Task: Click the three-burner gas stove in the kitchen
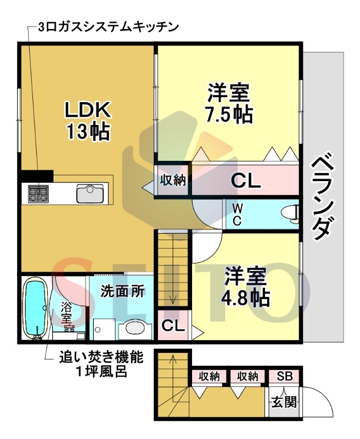[x=38, y=193]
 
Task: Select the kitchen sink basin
[x=89, y=193]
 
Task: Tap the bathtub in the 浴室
[x=36, y=307]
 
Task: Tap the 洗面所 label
[x=122, y=291]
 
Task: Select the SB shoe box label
[x=284, y=376]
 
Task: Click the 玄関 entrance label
[x=284, y=402]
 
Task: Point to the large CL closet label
[x=245, y=181]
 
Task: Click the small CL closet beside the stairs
[x=172, y=325]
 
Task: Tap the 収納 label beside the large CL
[x=173, y=180]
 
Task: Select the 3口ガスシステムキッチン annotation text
[x=109, y=26]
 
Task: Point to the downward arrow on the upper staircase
[x=172, y=299]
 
